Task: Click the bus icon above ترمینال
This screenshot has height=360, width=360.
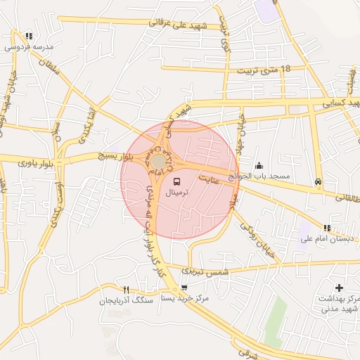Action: (176, 181)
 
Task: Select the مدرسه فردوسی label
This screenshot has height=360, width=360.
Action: (27, 47)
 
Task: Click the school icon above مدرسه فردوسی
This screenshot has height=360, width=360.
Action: (28, 36)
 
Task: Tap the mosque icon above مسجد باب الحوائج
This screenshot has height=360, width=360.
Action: (259, 165)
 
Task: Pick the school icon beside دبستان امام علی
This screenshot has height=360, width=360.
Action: (327, 228)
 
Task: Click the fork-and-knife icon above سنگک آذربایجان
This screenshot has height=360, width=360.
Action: (127, 290)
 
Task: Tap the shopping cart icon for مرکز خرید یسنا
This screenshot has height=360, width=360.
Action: (184, 287)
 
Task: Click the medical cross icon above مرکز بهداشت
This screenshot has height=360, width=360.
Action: (340, 288)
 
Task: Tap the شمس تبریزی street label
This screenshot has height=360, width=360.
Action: (205, 271)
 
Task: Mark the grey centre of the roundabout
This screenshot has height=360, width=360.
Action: (160, 162)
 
